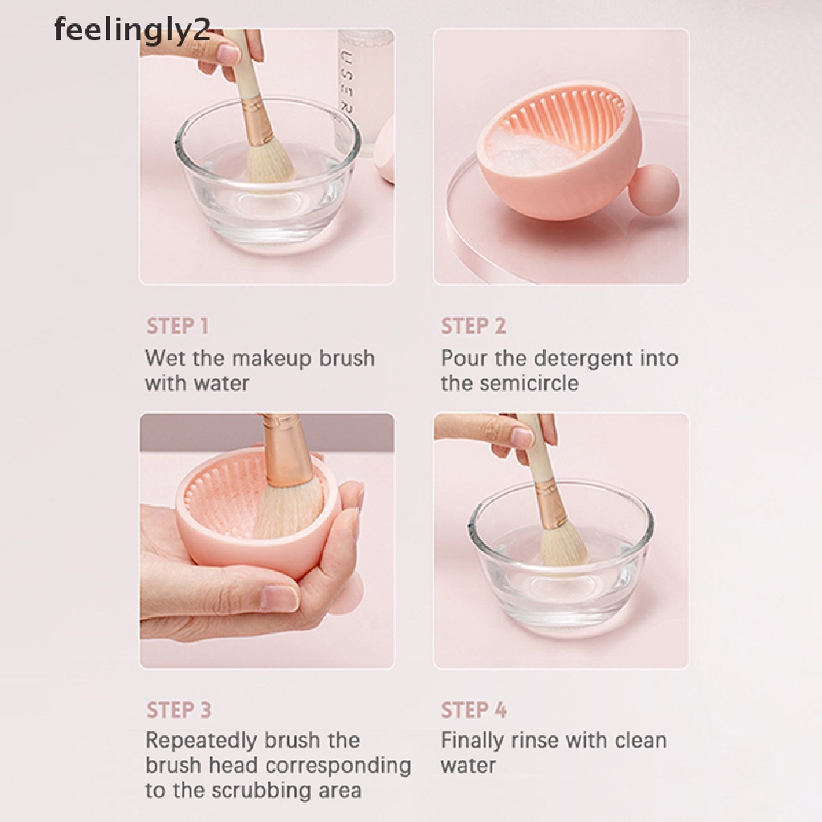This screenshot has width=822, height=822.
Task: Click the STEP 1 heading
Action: click(x=177, y=326)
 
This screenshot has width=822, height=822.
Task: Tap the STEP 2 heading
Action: click(x=473, y=326)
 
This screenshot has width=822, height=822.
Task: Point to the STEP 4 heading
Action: click(x=474, y=710)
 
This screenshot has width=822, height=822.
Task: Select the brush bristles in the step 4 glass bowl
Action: click(x=562, y=545)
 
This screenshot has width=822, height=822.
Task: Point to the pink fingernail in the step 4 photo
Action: click(x=522, y=438)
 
